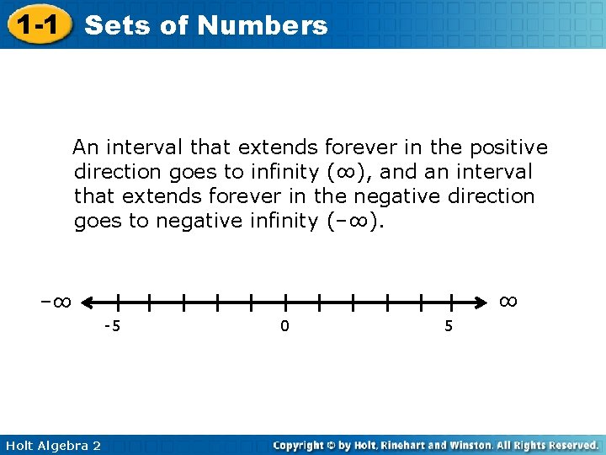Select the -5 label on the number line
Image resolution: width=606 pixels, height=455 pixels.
pyautogui.click(x=111, y=326)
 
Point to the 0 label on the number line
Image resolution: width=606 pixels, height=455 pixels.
pyautogui.click(x=284, y=326)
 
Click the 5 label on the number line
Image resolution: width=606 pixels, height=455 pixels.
pyautogui.click(x=448, y=326)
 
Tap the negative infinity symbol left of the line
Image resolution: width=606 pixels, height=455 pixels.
pyautogui.click(x=55, y=301)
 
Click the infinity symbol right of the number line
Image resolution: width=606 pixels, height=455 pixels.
pyautogui.click(x=508, y=300)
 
